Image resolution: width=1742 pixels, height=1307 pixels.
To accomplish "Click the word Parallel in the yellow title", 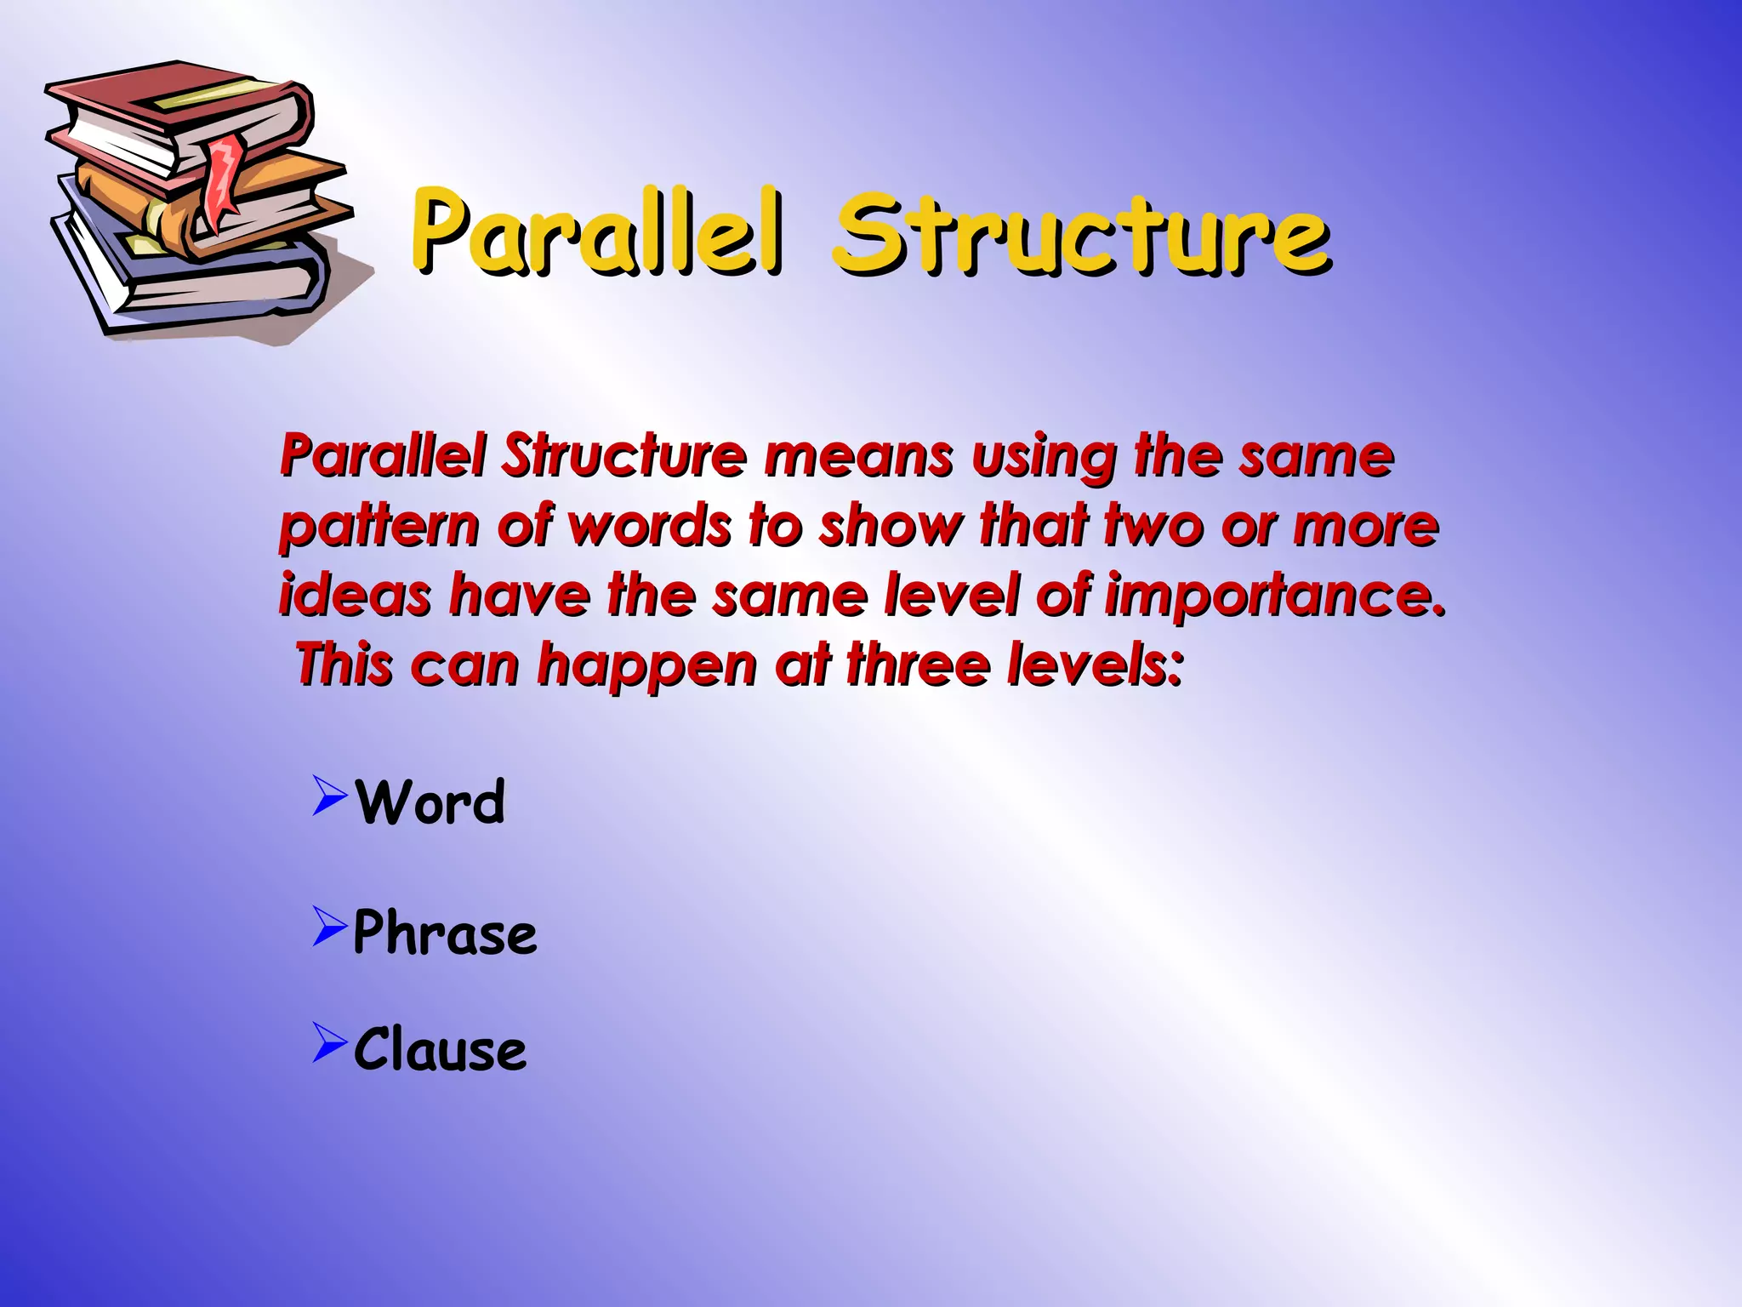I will [595, 231].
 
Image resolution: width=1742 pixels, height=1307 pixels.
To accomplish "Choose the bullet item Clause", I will [440, 1048].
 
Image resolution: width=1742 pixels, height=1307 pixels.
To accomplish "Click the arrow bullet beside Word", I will [329, 796].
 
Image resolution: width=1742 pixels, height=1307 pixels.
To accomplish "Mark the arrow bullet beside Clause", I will [329, 1042].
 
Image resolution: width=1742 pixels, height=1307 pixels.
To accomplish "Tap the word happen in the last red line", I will [646, 665].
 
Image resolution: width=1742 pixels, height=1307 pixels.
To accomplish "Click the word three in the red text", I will [919, 665].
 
